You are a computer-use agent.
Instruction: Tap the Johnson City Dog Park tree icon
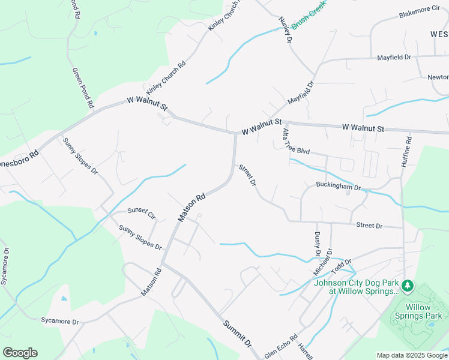(x=408, y=284)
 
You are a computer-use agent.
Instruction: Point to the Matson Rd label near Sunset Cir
(x=192, y=207)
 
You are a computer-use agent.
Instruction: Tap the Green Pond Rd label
(x=83, y=88)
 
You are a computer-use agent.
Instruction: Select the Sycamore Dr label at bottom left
(x=59, y=322)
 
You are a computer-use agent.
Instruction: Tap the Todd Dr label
(x=340, y=265)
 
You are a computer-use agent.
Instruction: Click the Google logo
(x=20, y=353)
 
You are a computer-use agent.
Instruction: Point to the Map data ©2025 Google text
(x=412, y=355)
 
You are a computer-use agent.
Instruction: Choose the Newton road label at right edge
(x=438, y=77)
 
